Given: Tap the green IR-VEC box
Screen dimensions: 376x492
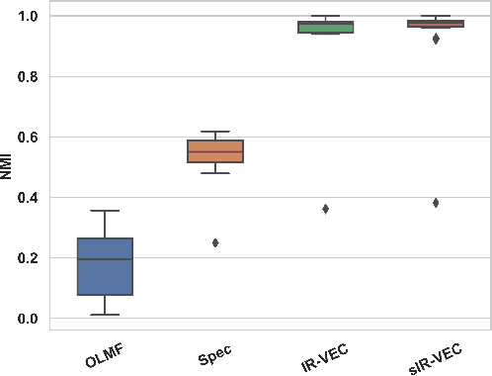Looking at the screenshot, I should (326, 27).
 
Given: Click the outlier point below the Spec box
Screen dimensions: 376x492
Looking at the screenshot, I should (215, 242).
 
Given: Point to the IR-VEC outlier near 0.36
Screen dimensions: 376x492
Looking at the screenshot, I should (326, 209).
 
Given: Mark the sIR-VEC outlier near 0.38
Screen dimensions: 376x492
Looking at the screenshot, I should (436, 203).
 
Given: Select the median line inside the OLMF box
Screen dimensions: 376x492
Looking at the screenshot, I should (105, 259).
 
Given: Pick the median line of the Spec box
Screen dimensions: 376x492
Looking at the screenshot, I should (215, 152).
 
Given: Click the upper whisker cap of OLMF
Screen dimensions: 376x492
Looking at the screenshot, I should (105, 211).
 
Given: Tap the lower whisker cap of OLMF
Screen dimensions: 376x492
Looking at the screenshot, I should (105, 315).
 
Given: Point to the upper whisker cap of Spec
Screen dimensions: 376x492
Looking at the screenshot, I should (215, 132).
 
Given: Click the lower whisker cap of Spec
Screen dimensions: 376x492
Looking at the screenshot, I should (215, 173).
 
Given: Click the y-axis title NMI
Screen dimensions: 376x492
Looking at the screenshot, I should (8, 167).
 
